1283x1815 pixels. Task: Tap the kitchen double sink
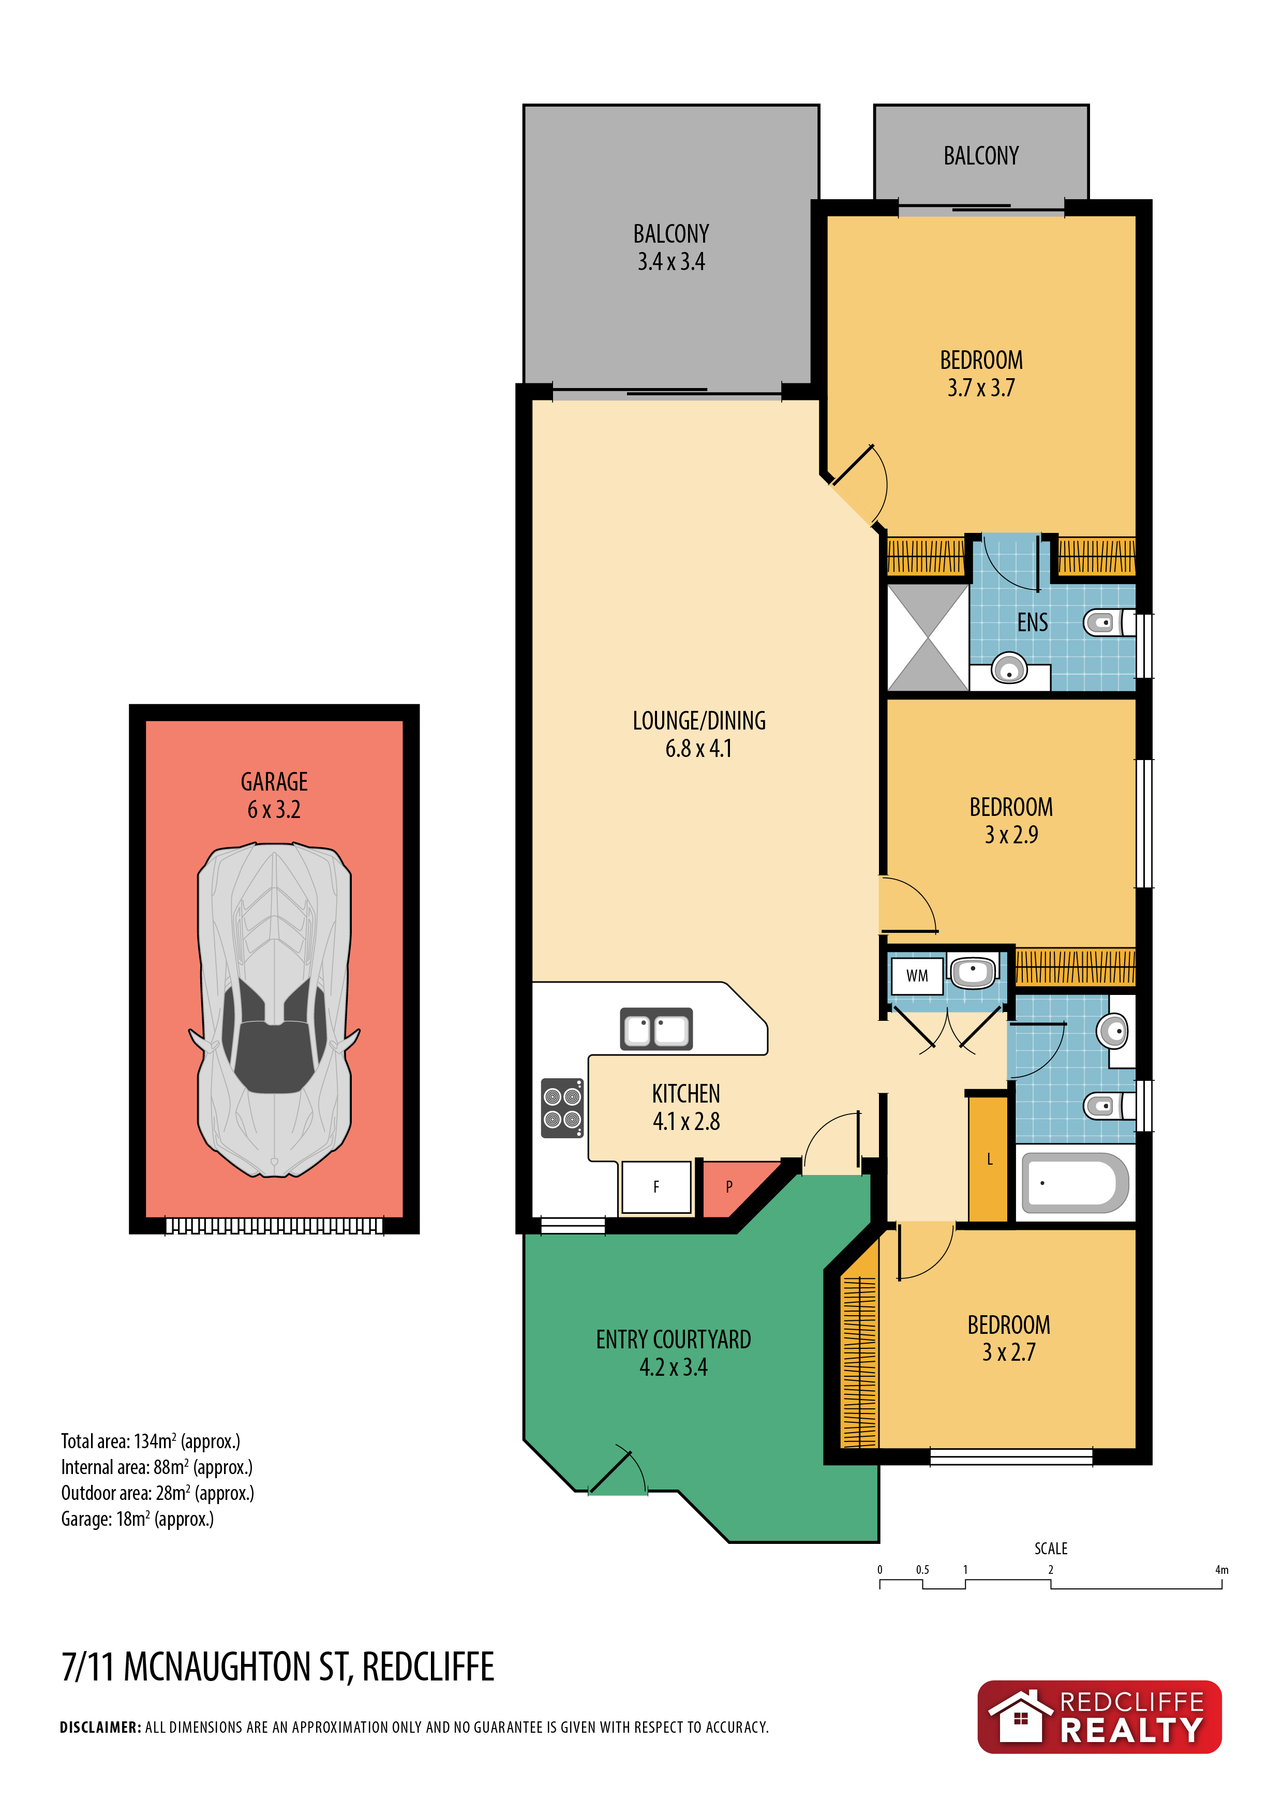[656, 1029]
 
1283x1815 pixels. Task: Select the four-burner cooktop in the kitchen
[562, 1108]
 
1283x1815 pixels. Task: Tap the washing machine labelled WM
[917, 976]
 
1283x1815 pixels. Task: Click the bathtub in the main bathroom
[1075, 1183]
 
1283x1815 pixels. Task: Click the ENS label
[1033, 623]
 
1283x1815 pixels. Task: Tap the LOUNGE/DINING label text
[699, 720]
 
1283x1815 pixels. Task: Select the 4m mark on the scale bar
[1221, 1570]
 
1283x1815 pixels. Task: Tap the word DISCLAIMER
[100, 1727]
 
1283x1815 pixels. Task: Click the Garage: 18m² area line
[138, 1519]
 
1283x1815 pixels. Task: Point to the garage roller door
[274, 1226]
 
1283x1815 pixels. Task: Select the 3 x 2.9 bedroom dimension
[1011, 835]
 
